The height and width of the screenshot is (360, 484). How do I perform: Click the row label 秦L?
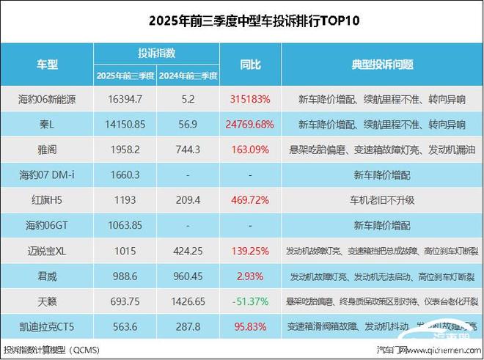click(x=48, y=124)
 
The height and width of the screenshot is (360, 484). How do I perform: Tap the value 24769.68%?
click(x=250, y=124)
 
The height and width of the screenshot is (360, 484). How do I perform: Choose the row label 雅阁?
click(x=48, y=149)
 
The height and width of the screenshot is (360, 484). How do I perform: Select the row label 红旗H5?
click(x=48, y=199)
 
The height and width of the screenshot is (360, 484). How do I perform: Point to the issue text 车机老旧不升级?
click(x=378, y=199)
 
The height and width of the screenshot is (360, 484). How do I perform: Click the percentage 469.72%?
click(x=250, y=199)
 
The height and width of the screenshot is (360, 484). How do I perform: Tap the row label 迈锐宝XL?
click(x=48, y=250)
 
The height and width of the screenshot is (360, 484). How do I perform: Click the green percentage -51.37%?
click(x=250, y=301)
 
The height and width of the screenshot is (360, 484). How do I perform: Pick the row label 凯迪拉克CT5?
click(x=48, y=326)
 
